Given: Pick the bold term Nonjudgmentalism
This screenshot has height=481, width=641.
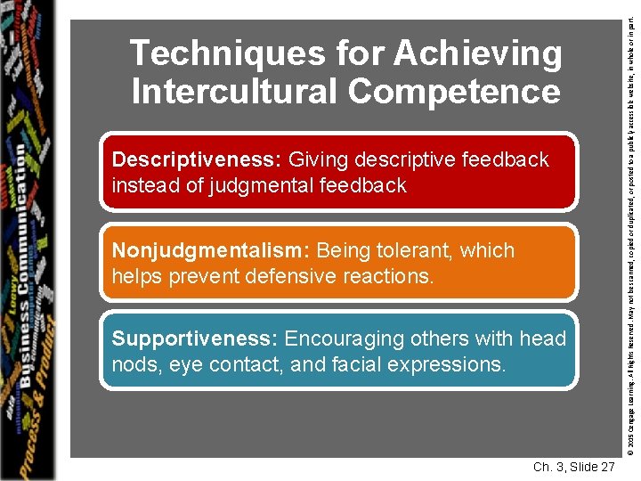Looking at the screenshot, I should pos(210,250).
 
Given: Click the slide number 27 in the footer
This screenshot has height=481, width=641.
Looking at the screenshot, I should pos(605,468).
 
